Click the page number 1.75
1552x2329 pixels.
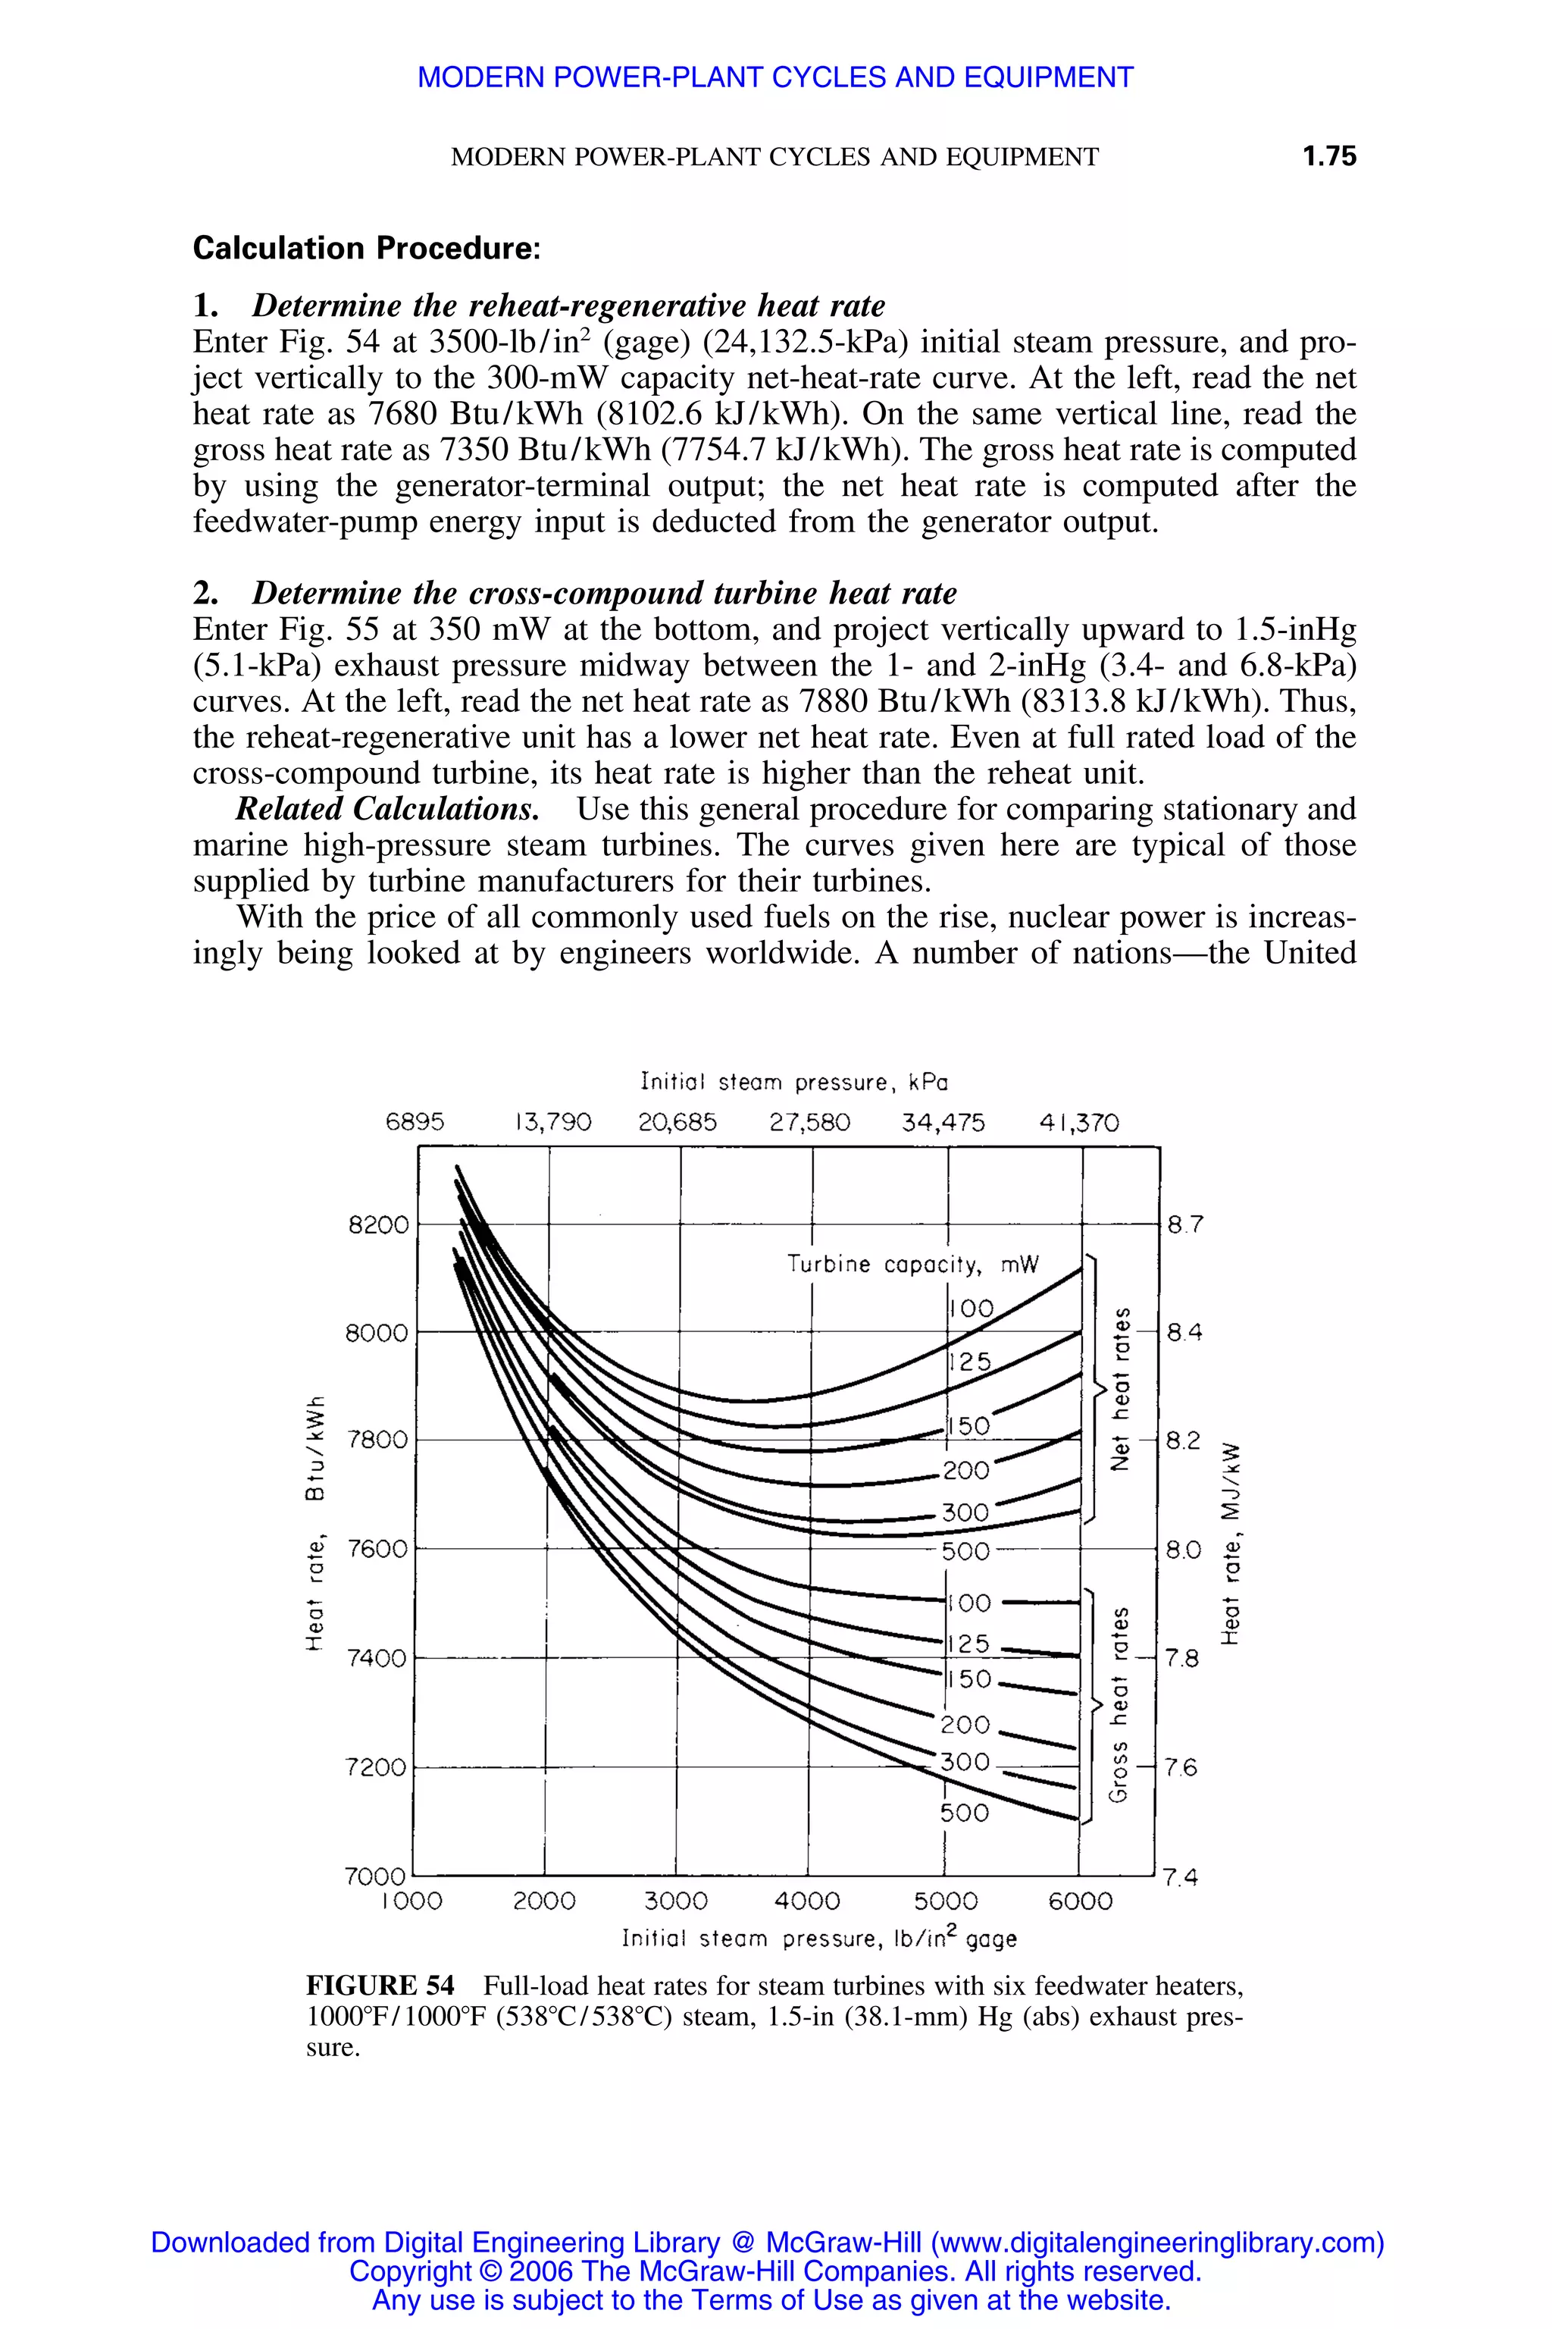point(1328,155)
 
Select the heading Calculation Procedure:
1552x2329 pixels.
point(366,248)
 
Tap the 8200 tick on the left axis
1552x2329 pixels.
point(379,1225)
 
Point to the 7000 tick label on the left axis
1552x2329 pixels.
point(375,1876)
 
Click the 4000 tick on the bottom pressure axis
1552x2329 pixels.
point(806,1901)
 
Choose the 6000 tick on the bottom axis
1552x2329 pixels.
point(1081,1901)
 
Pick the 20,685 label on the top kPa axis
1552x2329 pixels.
point(678,1122)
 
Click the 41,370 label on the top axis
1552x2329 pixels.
point(1079,1122)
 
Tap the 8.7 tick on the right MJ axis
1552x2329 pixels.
point(1184,1225)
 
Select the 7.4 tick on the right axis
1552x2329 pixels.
point(1180,1876)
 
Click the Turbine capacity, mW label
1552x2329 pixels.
point(912,1265)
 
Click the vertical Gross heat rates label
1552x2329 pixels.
point(1119,1704)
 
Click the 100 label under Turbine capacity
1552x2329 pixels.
point(971,1308)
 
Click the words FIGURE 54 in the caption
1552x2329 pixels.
point(380,1986)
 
